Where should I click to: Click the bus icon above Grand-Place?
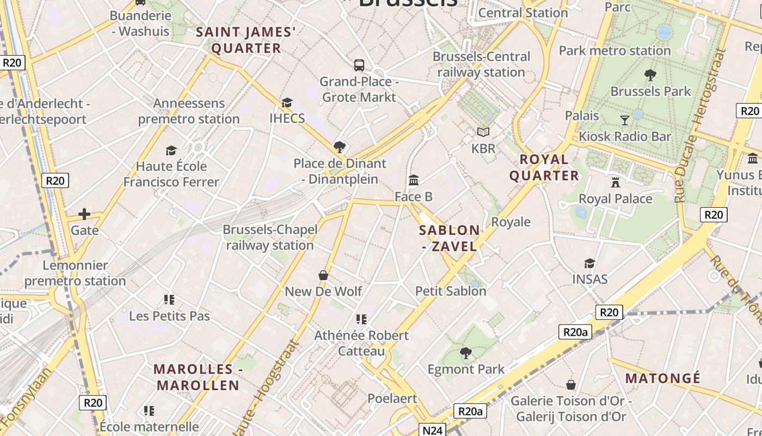tap(359, 65)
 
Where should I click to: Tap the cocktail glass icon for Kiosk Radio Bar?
tap(625, 120)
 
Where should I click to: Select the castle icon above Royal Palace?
tap(616, 182)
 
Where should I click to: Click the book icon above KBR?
tap(483, 132)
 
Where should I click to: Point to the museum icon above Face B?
tap(414, 180)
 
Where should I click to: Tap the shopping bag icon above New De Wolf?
tap(323, 275)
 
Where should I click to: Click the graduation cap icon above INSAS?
tap(589, 264)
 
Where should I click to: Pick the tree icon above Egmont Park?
tap(465, 353)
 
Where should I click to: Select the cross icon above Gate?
tap(84, 214)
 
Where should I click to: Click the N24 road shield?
tap(432, 430)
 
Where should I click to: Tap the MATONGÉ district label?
tap(662, 378)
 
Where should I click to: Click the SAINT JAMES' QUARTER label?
tap(246, 40)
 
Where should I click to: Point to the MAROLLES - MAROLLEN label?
tap(198, 377)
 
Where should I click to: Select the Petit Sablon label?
tap(451, 291)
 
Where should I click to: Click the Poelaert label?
tap(392, 398)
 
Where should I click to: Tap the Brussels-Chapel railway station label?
tap(270, 238)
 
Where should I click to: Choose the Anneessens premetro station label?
tap(189, 111)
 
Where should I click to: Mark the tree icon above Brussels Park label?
tap(650, 75)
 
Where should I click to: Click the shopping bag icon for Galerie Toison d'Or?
tap(570, 385)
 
